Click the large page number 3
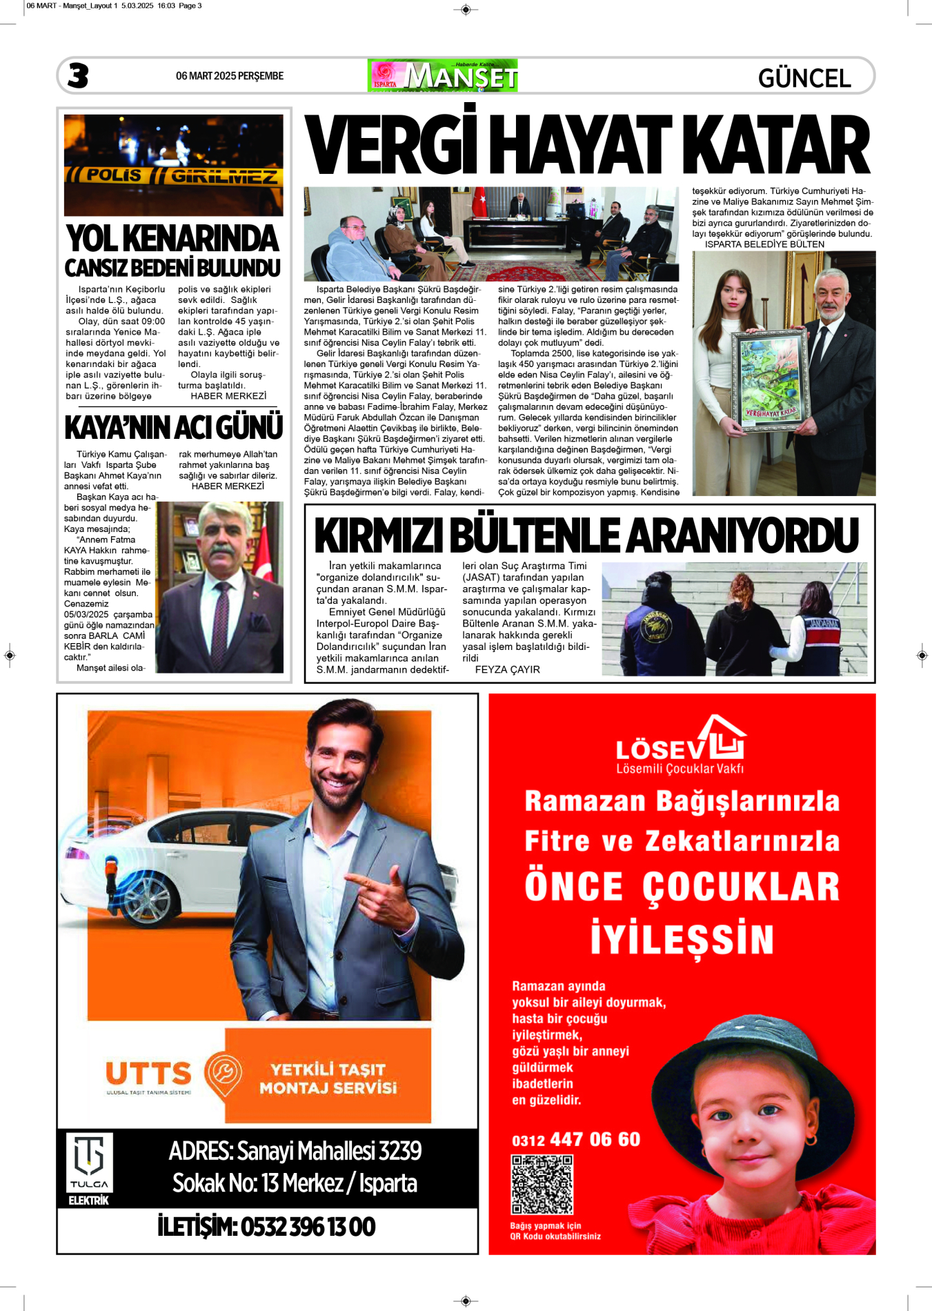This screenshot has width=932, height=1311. [78, 76]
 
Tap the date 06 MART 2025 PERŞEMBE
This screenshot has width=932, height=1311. [230, 76]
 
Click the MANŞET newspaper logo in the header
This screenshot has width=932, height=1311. [444, 76]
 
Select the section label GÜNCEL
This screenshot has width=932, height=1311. [804, 78]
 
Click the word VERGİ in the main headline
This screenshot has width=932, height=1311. [392, 146]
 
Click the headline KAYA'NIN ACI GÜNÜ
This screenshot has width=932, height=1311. [173, 428]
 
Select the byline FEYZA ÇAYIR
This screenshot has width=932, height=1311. [507, 669]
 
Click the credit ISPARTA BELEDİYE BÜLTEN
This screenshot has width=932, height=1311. [764, 244]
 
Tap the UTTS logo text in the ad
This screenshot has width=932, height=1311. [148, 1074]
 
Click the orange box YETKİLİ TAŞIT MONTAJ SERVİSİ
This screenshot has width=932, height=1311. [328, 1078]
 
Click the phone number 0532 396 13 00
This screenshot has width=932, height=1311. [266, 1226]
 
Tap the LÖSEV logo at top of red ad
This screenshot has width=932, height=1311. [680, 745]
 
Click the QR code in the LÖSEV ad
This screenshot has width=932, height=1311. [542, 1185]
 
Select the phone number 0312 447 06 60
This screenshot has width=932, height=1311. [576, 1139]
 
